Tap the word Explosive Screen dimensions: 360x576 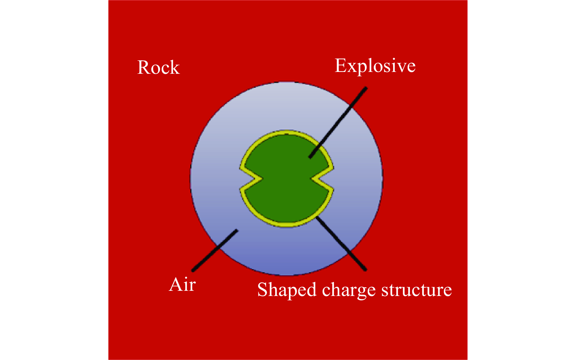tap(375, 66)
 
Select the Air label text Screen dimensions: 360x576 tap(182, 285)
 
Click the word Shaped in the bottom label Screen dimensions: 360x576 tap(287, 290)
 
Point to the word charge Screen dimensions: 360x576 tap(349, 290)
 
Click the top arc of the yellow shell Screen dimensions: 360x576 tap(286, 133)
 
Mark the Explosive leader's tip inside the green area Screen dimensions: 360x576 tap(310, 157)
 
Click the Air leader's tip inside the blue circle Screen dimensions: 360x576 tap(236, 231)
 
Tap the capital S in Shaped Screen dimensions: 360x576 tap(263, 290)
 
